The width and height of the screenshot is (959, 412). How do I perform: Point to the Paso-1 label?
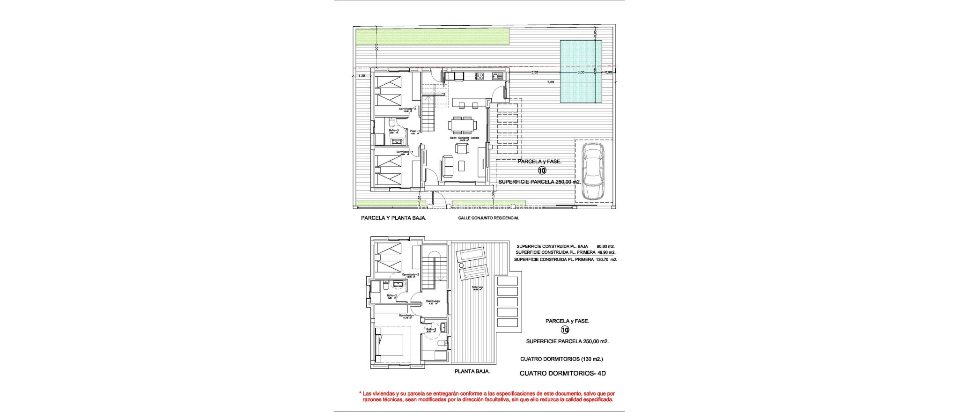pyautogui.click(x=414, y=131)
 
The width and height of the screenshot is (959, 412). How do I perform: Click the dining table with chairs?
pyautogui.click(x=463, y=125)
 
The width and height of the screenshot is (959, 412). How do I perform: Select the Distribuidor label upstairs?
pyautogui.click(x=431, y=301)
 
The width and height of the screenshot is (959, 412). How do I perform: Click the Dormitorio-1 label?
pyautogui.click(x=406, y=316)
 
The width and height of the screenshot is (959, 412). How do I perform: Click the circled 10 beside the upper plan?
pyautogui.click(x=542, y=171)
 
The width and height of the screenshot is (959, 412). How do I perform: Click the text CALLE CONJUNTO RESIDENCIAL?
pyautogui.click(x=488, y=218)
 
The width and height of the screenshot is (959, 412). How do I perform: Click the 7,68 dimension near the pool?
pyautogui.click(x=551, y=82)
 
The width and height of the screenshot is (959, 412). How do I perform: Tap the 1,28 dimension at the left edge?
pyautogui.click(x=361, y=75)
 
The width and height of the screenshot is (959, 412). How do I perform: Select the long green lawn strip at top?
pyautogui.click(x=432, y=37)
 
